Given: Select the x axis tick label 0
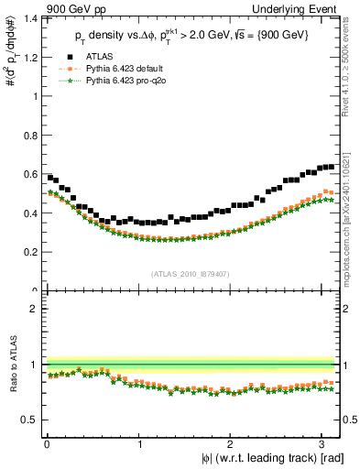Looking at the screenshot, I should click(47, 445).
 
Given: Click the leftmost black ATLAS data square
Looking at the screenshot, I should click(49, 177).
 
